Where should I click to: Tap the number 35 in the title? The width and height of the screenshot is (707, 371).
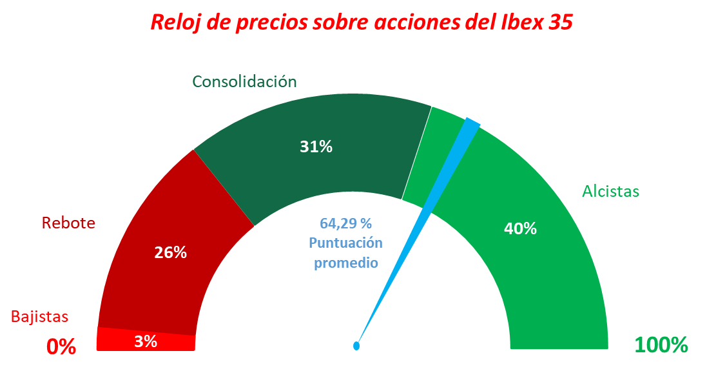[557, 22]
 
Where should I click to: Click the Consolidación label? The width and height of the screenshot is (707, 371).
[245, 82]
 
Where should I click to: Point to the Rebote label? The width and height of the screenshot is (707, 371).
[68, 223]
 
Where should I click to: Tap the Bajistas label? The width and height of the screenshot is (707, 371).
[39, 317]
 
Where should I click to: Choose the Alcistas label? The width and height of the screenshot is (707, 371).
[610, 192]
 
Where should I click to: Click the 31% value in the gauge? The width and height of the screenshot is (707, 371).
[316, 147]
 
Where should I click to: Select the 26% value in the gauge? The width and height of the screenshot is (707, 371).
[171, 253]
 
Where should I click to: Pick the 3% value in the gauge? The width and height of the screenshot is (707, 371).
[146, 341]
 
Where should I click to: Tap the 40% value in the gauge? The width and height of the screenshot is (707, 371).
[521, 228]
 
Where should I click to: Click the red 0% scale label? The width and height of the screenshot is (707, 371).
[61, 346]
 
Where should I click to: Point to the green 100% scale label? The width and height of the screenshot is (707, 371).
[661, 345]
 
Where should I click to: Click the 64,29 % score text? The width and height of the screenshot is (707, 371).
[346, 224]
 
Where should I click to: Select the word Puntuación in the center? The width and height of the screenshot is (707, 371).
[345, 243]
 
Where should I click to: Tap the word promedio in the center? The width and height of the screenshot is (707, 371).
[345, 263]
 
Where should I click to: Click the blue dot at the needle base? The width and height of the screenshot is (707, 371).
[356, 346]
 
